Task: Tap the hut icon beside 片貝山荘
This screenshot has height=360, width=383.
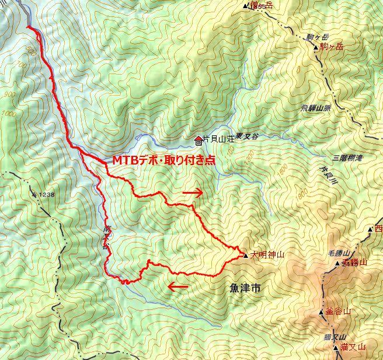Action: click(x=198, y=140)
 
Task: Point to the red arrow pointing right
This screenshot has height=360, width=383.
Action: click(x=193, y=192)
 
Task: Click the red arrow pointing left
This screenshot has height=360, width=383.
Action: click(x=178, y=286)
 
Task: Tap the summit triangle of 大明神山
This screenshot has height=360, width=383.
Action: click(x=245, y=255)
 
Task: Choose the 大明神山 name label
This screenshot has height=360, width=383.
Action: click(x=267, y=255)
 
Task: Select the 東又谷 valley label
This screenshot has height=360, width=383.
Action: click(x=248, y=135)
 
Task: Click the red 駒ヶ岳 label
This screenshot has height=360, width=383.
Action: click(x=333, y=47)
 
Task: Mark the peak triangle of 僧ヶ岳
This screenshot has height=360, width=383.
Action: click(x=245, y=6)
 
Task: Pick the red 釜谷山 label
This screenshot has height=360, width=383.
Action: click(x=339, y=311)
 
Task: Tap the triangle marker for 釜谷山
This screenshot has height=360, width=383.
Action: click(x=321, y=312)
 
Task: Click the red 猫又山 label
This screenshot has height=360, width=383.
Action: click(x=352, y=347)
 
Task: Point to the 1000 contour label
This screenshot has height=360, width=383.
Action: click(x=8, y=114)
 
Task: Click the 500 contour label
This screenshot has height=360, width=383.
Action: click(x=32, y=50)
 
